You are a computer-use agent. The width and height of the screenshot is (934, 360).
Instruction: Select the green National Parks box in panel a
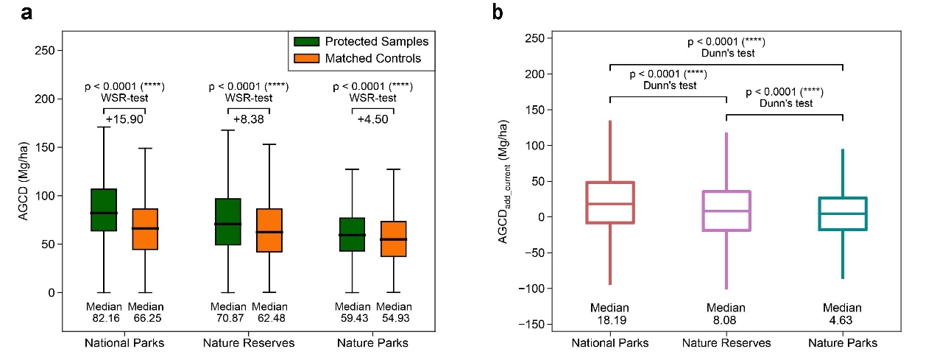pyautogui.click(x=104, y=210)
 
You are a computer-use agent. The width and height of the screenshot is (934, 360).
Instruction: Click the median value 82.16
pyautogui.click(x=104, y=318)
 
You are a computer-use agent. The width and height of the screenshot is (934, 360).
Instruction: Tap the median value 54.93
pyautogui.click(x=395, y=318)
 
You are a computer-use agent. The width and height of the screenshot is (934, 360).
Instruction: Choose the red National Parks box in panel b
pyautogui.click(x=610, y=202)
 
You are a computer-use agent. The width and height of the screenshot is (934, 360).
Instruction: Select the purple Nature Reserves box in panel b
pyautogui.click(x=726, y=211)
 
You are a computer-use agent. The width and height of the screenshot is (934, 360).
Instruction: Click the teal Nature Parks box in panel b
pyautogui.click(x=843, y=213)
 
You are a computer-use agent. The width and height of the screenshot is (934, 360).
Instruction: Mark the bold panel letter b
pyautogui.click(x=478, y=13)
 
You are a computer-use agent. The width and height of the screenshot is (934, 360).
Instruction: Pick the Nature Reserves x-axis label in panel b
pyautogui.click(x=726, y=343)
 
